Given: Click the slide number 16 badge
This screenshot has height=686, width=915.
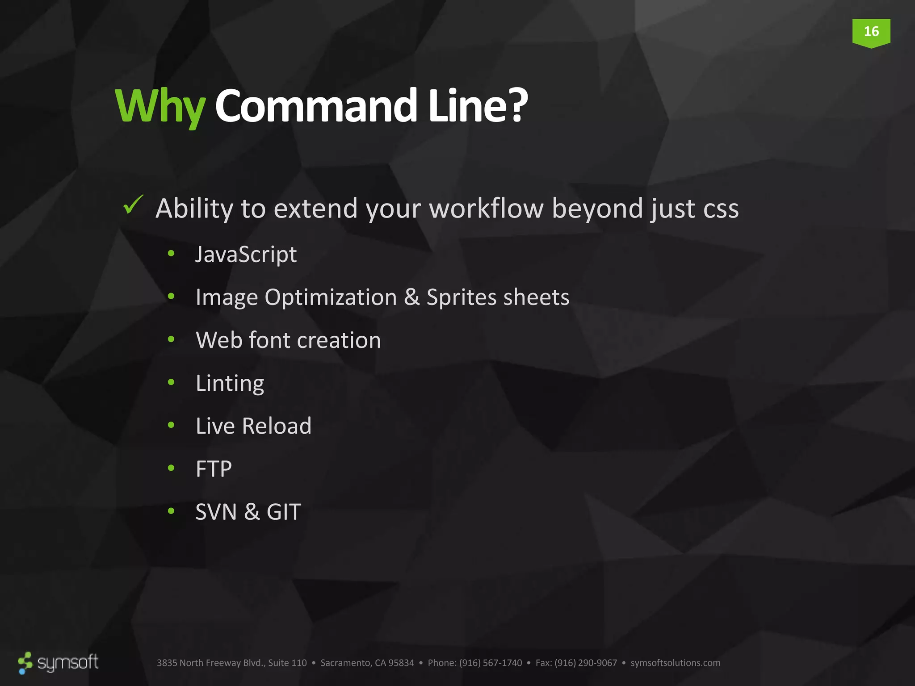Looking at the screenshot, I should [871, 32].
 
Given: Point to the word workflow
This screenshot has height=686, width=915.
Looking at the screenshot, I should [486, 208].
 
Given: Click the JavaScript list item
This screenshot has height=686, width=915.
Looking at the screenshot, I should [246, 255].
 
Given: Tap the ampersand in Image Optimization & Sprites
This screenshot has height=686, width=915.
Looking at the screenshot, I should [411, 297].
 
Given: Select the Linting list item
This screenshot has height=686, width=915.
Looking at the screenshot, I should [230, 383].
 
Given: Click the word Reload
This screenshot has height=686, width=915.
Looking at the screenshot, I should [276, 426].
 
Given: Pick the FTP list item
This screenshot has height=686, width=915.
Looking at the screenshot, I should [214, 469].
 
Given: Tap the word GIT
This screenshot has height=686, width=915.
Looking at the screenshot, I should [284, 512].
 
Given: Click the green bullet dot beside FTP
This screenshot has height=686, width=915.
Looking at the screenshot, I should [171, 468].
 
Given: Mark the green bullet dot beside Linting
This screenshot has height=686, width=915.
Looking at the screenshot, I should [171, 382].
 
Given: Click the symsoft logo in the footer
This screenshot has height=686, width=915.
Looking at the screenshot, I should [58, 662].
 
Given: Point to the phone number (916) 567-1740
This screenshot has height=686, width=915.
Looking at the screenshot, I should [490, 663].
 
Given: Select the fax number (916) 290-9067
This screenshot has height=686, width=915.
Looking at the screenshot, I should [585, 663].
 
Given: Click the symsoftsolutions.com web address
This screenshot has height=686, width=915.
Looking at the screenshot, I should [675, 663].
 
